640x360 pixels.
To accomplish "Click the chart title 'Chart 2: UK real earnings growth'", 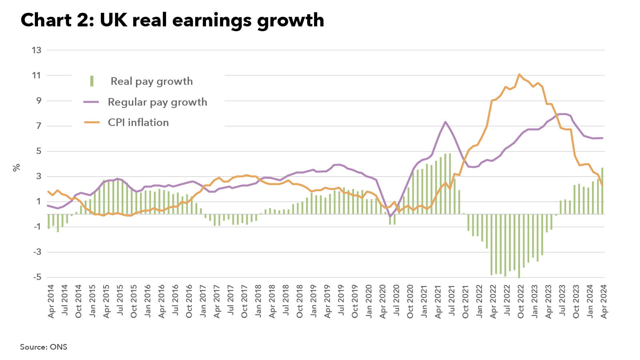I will pos(172,20).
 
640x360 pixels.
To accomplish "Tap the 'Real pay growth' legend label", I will pos(152,81).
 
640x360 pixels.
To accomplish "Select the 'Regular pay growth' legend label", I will pos(157,102).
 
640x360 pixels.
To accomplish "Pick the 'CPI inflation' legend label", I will pos(138,122).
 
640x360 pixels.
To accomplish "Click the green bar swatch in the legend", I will pos(92,81).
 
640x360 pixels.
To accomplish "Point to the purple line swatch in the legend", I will pos(91,102).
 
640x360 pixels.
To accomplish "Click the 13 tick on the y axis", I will pos(36,50).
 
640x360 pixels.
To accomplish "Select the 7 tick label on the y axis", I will pos(38,126).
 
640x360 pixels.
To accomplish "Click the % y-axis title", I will pos(16,167).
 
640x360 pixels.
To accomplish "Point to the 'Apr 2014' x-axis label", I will pos(51,301).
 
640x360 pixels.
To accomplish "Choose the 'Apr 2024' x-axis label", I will pos(604,301).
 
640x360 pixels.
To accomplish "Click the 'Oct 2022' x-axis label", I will pos(521,301).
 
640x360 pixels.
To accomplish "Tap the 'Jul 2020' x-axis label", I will pos(396,301).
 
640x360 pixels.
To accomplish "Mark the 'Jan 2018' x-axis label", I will pos(258,301).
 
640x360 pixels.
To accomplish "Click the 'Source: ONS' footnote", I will pos(44,347).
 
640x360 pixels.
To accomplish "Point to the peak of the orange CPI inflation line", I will pos(519,74).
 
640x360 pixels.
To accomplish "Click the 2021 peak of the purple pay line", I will pos(445,122).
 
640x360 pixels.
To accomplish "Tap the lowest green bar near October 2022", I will pos(519,246).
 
